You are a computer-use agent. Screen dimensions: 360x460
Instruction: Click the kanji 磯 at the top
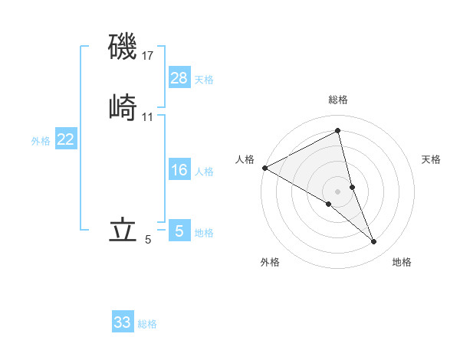[x=123, y=47]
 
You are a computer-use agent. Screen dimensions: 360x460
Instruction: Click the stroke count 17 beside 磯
[x=149, y=56]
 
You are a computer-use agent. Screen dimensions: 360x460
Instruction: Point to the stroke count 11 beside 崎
[x=149, y=117]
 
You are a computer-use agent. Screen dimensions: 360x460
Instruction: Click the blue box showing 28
[x=179, y=78]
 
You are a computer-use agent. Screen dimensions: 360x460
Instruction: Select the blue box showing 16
[x=179, y=171]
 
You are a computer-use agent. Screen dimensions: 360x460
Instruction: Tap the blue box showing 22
[x=66, y=139]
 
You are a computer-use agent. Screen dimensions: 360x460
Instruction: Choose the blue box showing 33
[x=123, y=322]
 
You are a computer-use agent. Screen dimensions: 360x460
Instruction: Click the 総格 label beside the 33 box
[x=148, y=324]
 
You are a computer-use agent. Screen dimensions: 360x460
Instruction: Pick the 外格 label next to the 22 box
[x=41, y=141]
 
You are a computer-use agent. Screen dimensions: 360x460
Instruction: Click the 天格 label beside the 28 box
[x=204, y=80]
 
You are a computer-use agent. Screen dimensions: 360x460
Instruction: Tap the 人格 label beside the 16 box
[x=204, y=172]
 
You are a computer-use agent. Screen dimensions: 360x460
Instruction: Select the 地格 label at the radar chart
[x=402, y=263]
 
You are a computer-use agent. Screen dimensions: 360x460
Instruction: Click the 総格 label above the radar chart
[x=338, y=100]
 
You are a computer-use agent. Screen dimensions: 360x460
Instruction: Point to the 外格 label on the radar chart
[x=270, y=263]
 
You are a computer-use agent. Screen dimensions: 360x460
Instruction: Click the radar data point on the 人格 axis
[x=264, y=167]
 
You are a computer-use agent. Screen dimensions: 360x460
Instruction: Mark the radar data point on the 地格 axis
[x=374, y=242]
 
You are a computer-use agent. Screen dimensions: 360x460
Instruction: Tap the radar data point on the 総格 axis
[x=338, y=131]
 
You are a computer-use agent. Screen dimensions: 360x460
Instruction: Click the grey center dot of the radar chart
[x=338, y=191]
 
